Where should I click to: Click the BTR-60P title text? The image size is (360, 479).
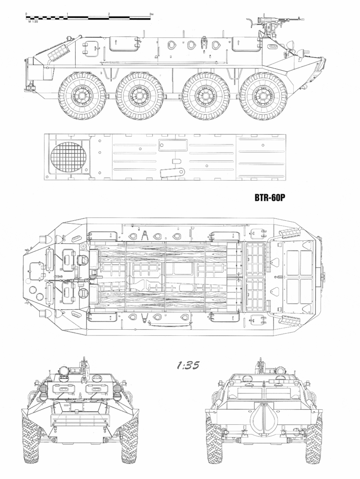pos(270,197)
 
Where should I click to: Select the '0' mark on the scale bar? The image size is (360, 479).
pos(27,14)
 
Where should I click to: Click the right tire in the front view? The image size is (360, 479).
pos(130,440)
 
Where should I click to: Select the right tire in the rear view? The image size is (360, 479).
pos(314,440)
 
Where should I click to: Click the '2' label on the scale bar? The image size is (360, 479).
pos(109,14)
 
